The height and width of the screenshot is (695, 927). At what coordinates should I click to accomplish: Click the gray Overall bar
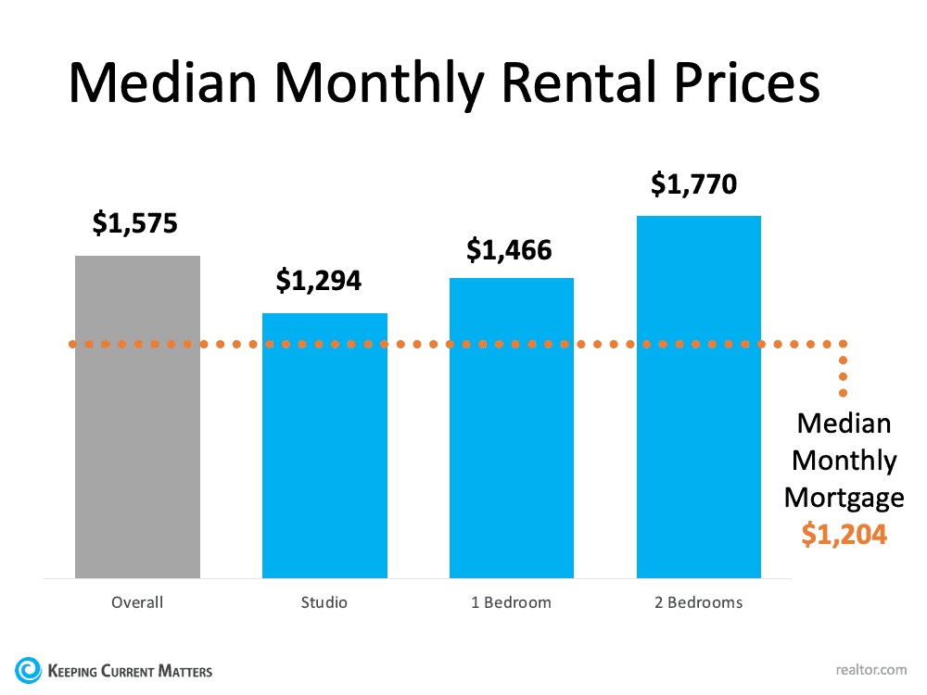(x=137, y=417)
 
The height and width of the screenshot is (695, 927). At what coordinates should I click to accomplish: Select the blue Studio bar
(x=324, y=446)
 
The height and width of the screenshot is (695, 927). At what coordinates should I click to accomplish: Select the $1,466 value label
(x=509, y=249)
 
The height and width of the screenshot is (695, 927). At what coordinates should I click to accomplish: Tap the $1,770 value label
(x=694, y=183)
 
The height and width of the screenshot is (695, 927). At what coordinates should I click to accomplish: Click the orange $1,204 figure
(x=844, y=535)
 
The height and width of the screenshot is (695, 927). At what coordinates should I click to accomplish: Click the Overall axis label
(x=137, y=602)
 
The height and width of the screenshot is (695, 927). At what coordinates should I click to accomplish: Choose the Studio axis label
(x=324, y=602)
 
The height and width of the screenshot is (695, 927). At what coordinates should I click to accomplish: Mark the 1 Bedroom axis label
(x=511, y=602)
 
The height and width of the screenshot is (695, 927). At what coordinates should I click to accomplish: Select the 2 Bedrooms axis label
(x=699, y=602)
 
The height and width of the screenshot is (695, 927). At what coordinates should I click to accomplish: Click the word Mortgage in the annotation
(x=844, y=498)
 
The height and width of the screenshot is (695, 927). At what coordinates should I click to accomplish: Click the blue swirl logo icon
(x=29, y=669)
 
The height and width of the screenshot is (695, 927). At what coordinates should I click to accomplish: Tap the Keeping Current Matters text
(x=131, y=670)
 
